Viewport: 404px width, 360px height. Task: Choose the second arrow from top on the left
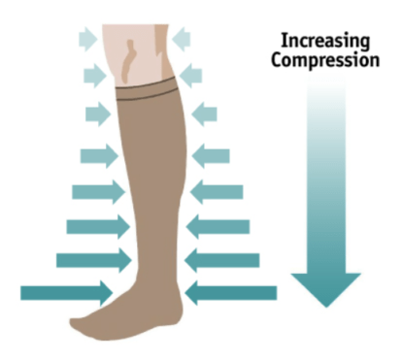[x=92, y=74]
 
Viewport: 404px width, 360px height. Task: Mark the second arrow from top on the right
[x=191, y=74]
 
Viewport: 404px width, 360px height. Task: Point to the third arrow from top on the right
[x=204, y=115]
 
